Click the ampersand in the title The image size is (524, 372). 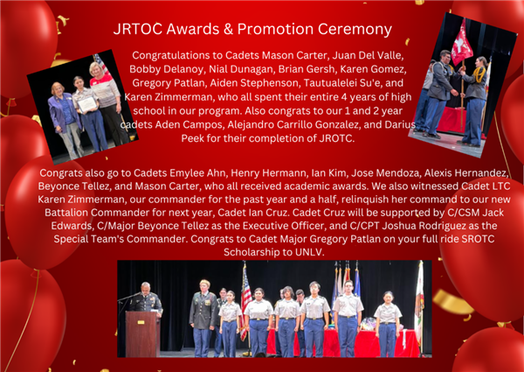pos(228,29)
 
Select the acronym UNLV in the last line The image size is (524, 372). pos(309,252)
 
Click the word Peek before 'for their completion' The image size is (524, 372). pos(192,138)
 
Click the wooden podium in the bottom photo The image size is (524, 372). pos(142,333)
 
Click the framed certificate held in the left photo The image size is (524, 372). pos(86,104)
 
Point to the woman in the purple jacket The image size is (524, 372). pos(64,117)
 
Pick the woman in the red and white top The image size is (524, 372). pos(106,103)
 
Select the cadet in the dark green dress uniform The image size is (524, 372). pos(203,319)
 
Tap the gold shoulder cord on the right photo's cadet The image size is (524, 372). pos(479,74)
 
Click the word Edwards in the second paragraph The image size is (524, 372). pos(72,226)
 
